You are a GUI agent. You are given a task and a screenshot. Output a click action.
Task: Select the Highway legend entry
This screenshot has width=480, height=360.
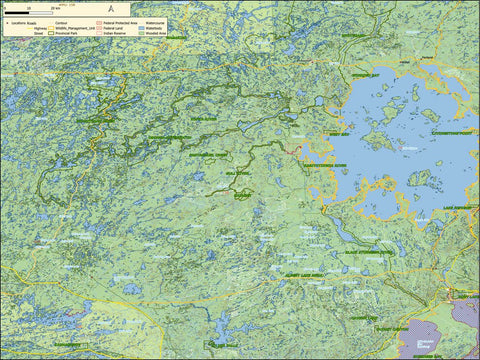pyautogui.click(x=37, y=27)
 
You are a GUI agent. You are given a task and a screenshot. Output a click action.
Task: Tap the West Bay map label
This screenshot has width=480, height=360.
pyautogui.click(x=339, y=133)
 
